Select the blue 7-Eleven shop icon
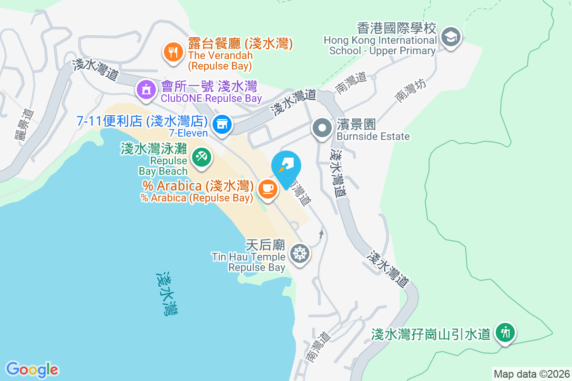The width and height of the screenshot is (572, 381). click(222, 125)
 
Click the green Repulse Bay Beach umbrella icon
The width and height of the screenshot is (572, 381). click(202, 157)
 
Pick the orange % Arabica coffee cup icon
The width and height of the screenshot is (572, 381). click(267, 189)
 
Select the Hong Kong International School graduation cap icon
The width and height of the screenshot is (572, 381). click(449, 37)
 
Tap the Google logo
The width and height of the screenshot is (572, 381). click(32, 370)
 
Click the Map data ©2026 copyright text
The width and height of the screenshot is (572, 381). click(531, 374)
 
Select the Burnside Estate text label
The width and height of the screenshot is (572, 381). click(373, 137)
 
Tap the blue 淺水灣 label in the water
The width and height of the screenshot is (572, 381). click(168, 294)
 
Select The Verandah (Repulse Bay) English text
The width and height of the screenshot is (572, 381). click(220, 60)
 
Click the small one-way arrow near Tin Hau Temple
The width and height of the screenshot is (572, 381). click(322, 234)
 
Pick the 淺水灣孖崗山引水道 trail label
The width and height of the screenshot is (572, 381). click(431, 334)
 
